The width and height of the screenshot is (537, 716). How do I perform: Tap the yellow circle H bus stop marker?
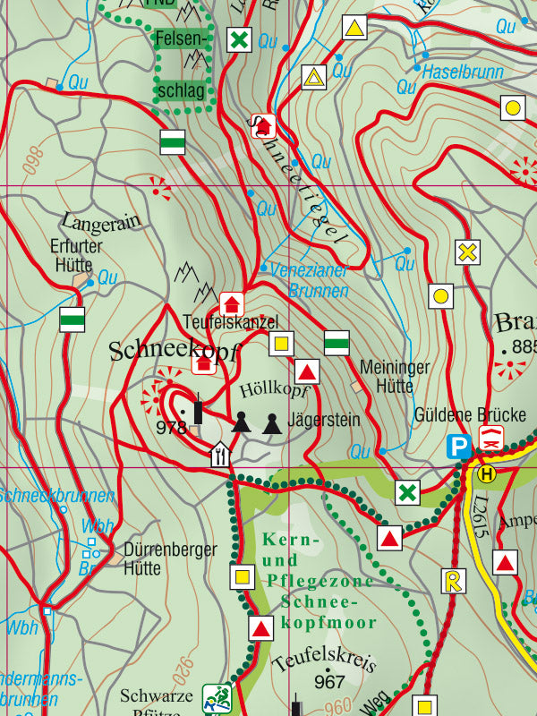click(487, 473)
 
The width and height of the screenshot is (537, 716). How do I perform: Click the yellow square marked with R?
click(454, 581)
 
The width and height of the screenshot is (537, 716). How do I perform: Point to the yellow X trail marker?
click(466, 252)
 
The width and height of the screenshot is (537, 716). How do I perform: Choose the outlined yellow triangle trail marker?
click(314, 78)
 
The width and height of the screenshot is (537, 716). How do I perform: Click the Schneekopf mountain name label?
click(175, 352)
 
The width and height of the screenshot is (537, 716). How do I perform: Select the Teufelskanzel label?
click(231, 321)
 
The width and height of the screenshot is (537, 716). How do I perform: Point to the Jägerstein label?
click(324, 420)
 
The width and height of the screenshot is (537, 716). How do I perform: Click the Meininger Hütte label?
click(395, 376)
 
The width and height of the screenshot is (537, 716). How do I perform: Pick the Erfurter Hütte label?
click(78, 255)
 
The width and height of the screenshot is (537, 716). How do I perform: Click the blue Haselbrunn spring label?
click(463, 71)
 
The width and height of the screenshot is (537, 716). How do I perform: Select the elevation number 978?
click(170, 427)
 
